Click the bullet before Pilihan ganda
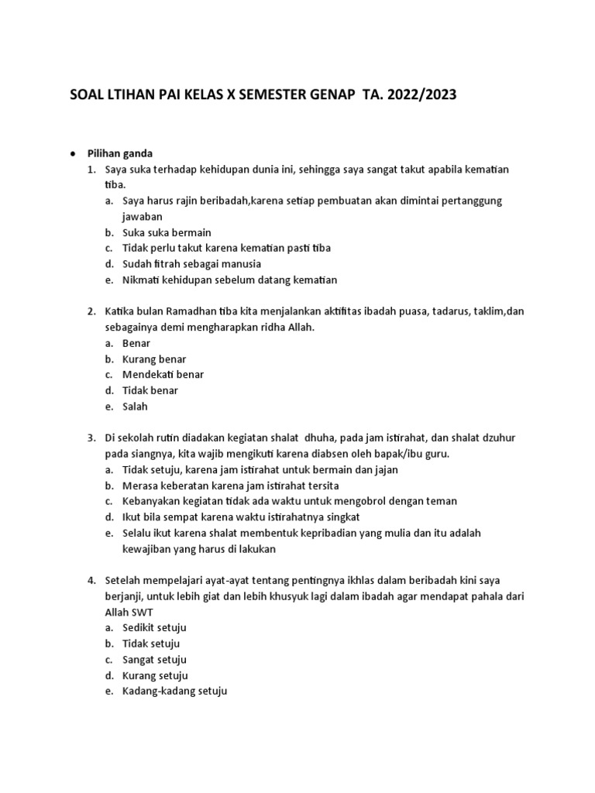pos(72,153)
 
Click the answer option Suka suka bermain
pos(167,232)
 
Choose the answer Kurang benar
pos(154,359)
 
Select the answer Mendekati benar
pos(163,375)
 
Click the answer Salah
pos(135,407)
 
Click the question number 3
pos(91,438)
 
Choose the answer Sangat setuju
pos(154,660)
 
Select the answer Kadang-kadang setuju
pos(174,692)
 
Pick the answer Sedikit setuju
pos(154,628)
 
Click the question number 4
pos(91,580)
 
